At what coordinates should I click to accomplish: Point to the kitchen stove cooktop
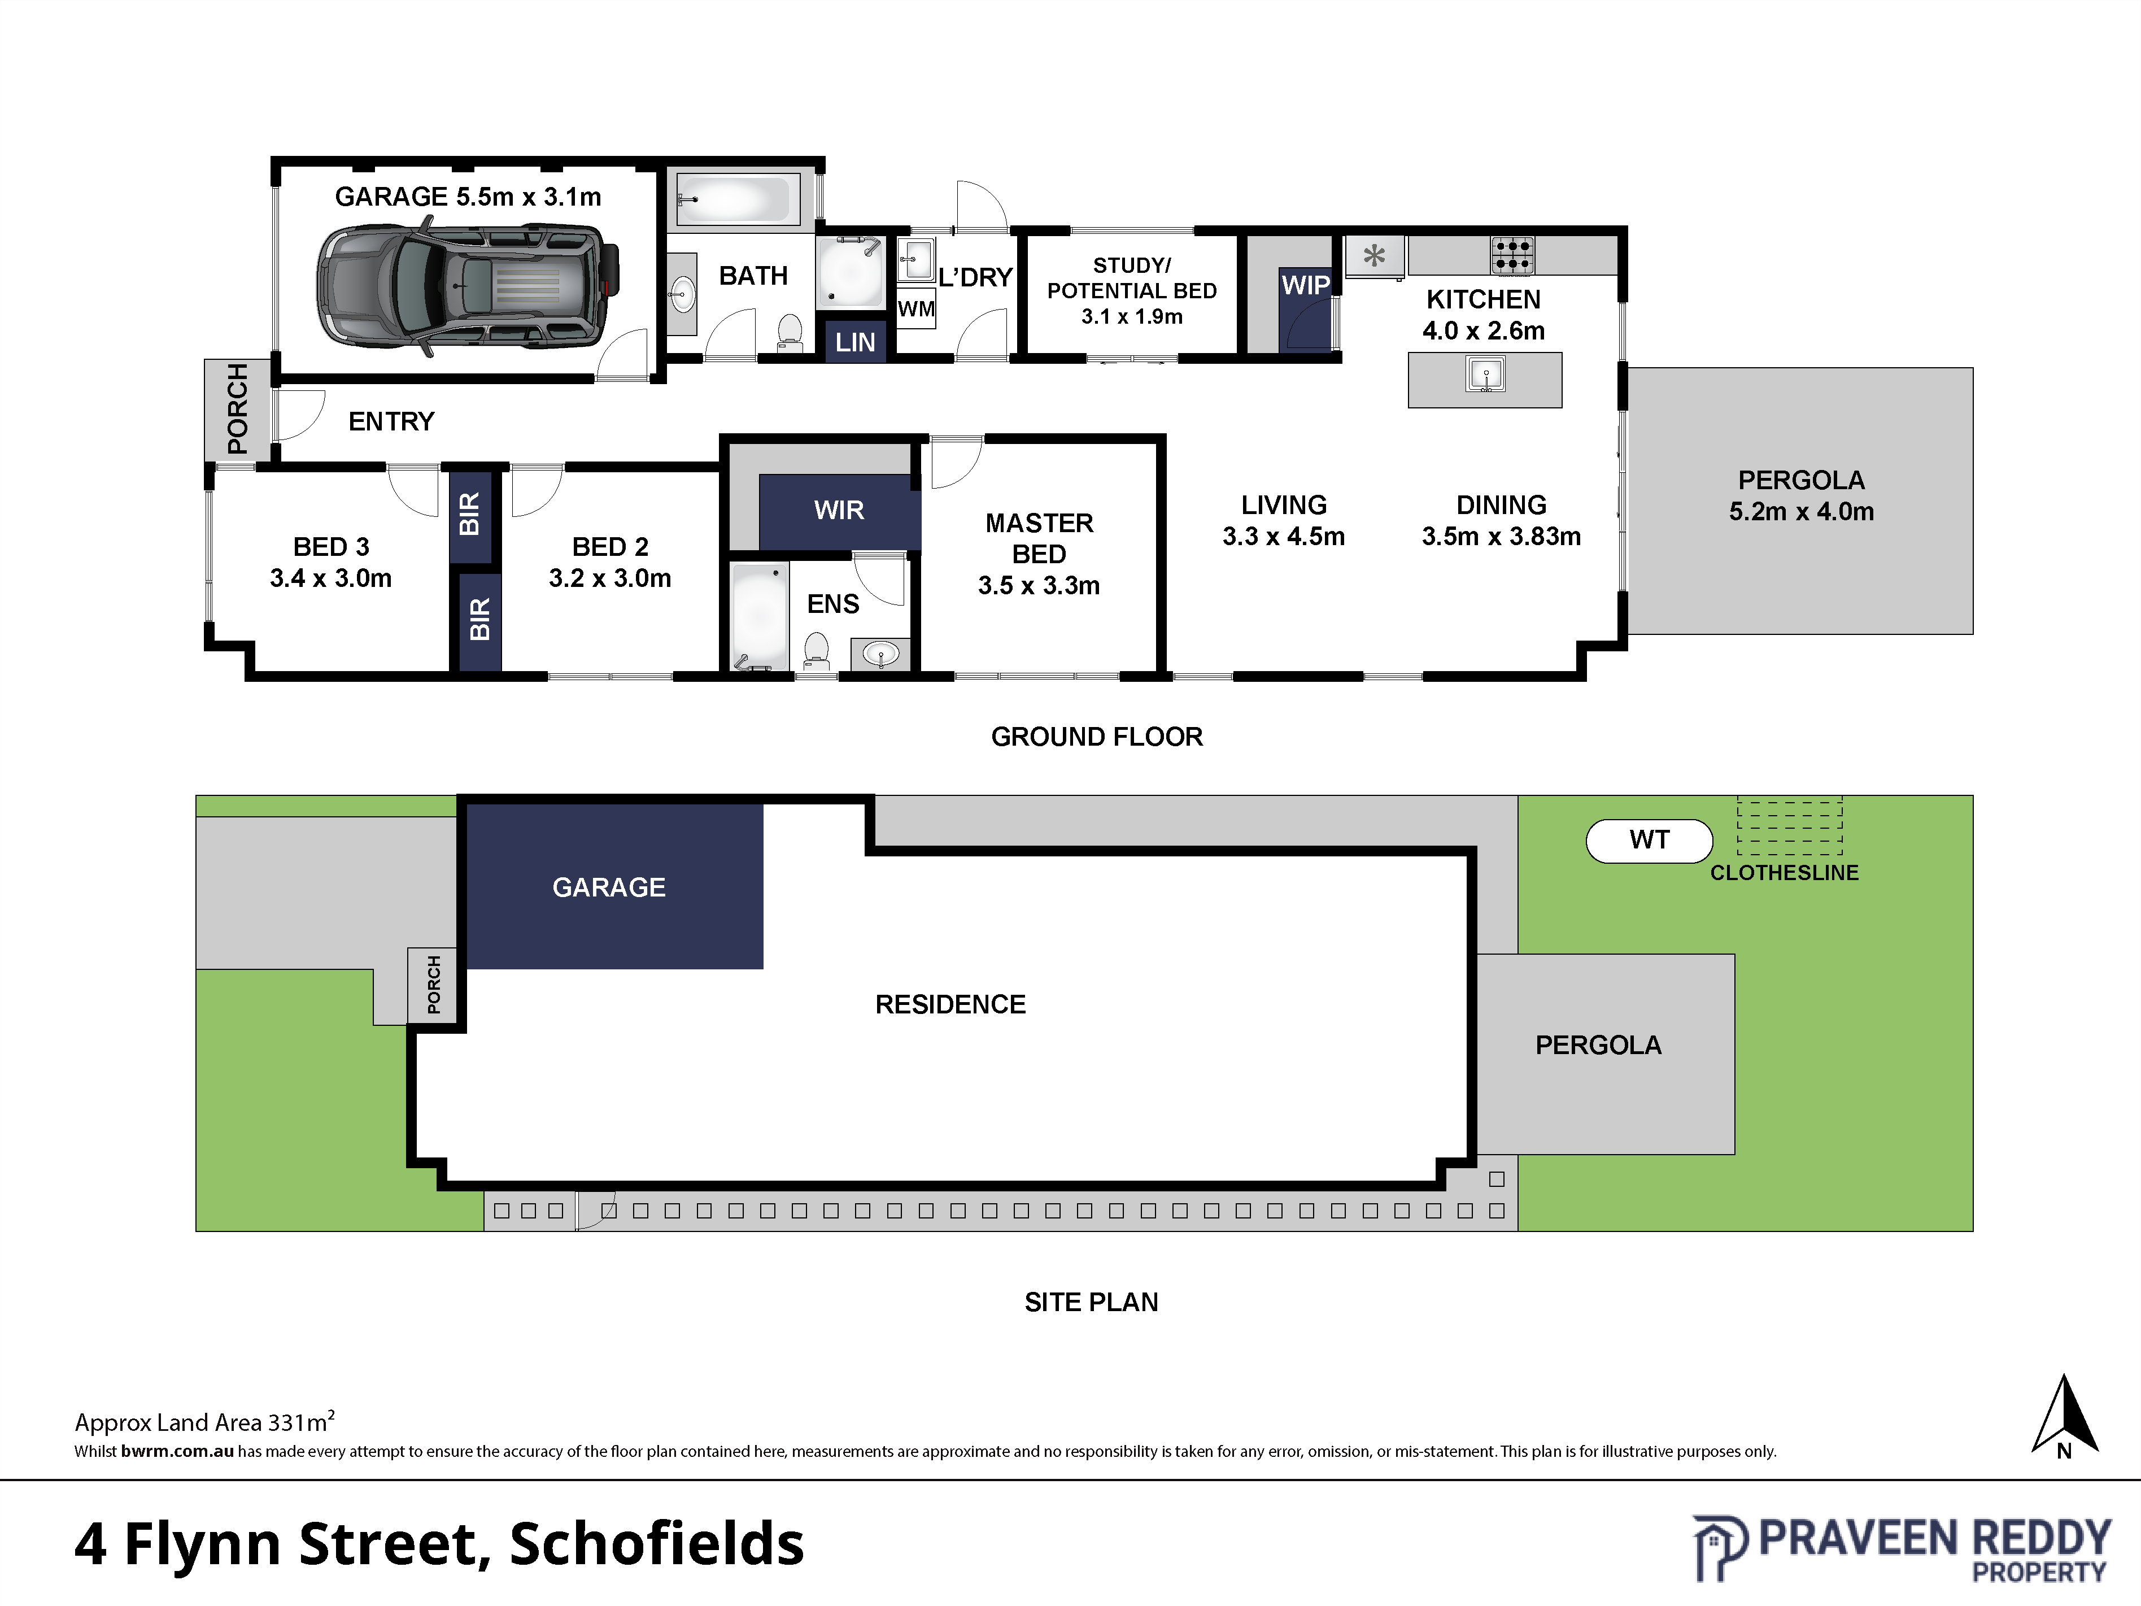1512,255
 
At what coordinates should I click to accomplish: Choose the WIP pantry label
1306,286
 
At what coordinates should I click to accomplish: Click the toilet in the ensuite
816,651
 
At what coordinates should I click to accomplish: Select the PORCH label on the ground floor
237,408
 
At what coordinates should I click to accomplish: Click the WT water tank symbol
1649,840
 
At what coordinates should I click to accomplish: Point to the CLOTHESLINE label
1784,873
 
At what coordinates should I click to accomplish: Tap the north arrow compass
2065,1415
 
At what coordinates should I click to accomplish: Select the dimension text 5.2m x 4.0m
1801,512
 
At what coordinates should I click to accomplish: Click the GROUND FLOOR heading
1097,737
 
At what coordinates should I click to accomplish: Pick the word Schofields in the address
657,1543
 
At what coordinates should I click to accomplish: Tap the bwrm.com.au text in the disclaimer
177,1451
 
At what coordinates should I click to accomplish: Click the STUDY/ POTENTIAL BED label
1131,290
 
